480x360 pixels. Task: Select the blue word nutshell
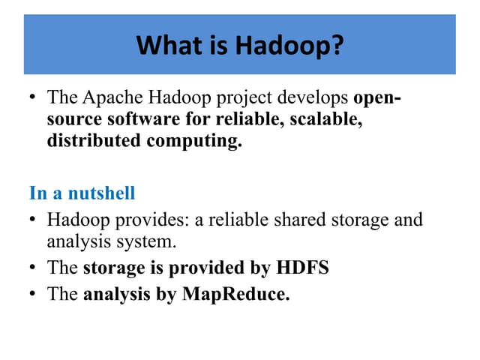click(x=102, y=193)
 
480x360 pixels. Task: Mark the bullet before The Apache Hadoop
click(x=33, y=98)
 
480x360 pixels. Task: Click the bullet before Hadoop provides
click(x=33, y=220)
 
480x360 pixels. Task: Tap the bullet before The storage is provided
click(x=33, y=268)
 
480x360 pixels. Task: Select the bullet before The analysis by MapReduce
click(x=33, y=294)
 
